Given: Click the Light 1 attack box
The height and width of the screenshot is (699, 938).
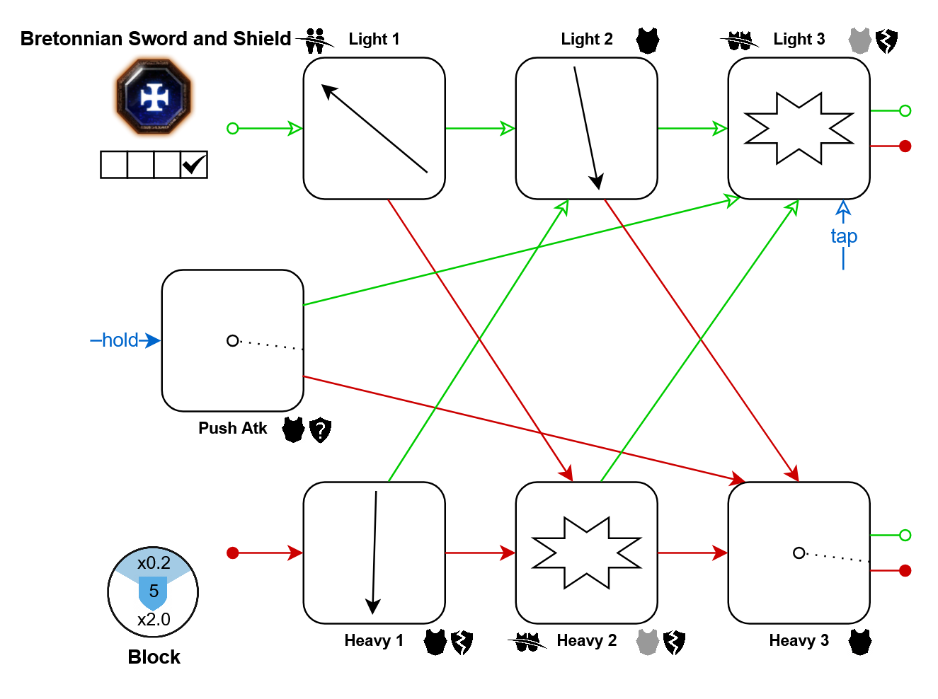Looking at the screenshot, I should pos(374,128).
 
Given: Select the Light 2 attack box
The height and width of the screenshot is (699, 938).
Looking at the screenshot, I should pos(586,128).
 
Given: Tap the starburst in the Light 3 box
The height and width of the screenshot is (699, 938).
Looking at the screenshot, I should pos(799,128).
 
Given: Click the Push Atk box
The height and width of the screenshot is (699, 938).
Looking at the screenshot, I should pos(232,340).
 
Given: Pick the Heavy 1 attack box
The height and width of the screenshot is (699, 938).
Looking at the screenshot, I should pos(374,553).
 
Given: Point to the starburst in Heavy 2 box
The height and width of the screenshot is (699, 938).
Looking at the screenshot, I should pos(586,553).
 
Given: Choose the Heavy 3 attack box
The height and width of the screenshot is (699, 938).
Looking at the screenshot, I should pos(799,553).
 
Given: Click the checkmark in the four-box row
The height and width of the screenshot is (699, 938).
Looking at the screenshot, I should pos(193,165).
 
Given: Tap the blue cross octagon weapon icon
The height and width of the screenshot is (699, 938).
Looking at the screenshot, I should pos(154,97).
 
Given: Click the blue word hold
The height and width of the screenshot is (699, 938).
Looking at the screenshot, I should pos(120,340).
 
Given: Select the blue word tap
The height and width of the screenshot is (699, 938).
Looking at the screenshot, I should pos(843,236).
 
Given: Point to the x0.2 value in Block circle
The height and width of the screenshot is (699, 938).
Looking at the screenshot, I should pos(154,563).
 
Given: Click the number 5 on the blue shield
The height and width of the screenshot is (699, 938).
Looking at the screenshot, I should pos(154,591).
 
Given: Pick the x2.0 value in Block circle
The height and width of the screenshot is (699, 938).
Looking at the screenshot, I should pos(154,620).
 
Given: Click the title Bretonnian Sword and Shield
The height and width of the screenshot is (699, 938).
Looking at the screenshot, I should pos(156,39).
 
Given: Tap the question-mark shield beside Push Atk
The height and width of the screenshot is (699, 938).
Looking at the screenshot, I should pos(320,429).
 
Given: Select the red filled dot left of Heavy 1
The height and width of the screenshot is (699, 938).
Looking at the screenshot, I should pos(232,553).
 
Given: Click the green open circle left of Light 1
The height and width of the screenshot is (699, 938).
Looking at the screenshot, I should pos(232,128).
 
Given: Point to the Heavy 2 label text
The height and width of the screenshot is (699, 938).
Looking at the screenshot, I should pos(586,641).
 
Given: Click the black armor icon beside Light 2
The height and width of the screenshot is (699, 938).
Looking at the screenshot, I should pos(647,40).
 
